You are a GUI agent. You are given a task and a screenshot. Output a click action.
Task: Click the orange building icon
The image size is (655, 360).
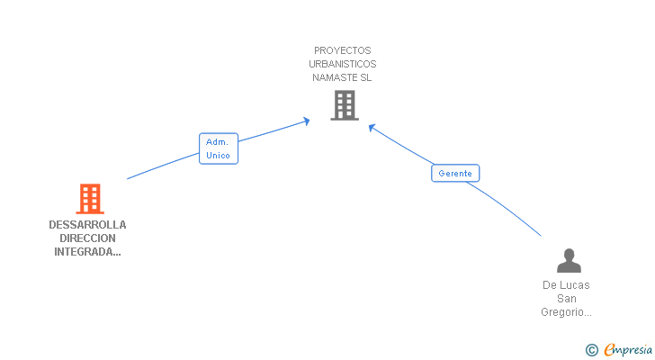(89, 198)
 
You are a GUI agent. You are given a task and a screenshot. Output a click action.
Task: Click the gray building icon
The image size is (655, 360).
(344, 105)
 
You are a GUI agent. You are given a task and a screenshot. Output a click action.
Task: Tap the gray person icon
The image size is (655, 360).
(569, 261)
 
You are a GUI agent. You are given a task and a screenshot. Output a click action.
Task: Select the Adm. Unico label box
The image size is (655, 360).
(218, 148)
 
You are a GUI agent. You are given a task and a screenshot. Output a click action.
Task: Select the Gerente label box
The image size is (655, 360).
(455, 173)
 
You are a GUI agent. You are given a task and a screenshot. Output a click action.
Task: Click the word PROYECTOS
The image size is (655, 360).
(342, 50)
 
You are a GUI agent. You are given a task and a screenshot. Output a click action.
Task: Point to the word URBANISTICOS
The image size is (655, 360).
(342, 64)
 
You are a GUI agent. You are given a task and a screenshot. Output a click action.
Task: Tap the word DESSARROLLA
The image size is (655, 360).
(87, 225)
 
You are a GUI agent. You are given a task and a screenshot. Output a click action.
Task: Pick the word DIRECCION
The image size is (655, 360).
(87, 238)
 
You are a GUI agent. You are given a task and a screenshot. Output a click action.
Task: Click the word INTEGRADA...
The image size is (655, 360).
(84, 252)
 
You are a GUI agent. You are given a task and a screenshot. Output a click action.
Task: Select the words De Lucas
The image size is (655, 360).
(567, 284)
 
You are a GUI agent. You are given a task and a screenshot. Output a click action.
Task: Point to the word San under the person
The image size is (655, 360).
(567, 298)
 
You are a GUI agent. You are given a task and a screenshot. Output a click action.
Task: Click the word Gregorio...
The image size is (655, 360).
(564, 311)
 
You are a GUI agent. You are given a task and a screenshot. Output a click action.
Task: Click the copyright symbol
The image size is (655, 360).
(591, 349)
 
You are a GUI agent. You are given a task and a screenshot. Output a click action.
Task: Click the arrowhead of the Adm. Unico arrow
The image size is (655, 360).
(308, 119)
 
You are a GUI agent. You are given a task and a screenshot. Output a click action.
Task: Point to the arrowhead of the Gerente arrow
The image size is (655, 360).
(372, 127)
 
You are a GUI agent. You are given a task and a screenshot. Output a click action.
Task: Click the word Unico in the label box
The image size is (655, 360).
(218, 156)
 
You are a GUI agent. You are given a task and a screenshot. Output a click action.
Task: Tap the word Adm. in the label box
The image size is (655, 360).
(217, 141)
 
